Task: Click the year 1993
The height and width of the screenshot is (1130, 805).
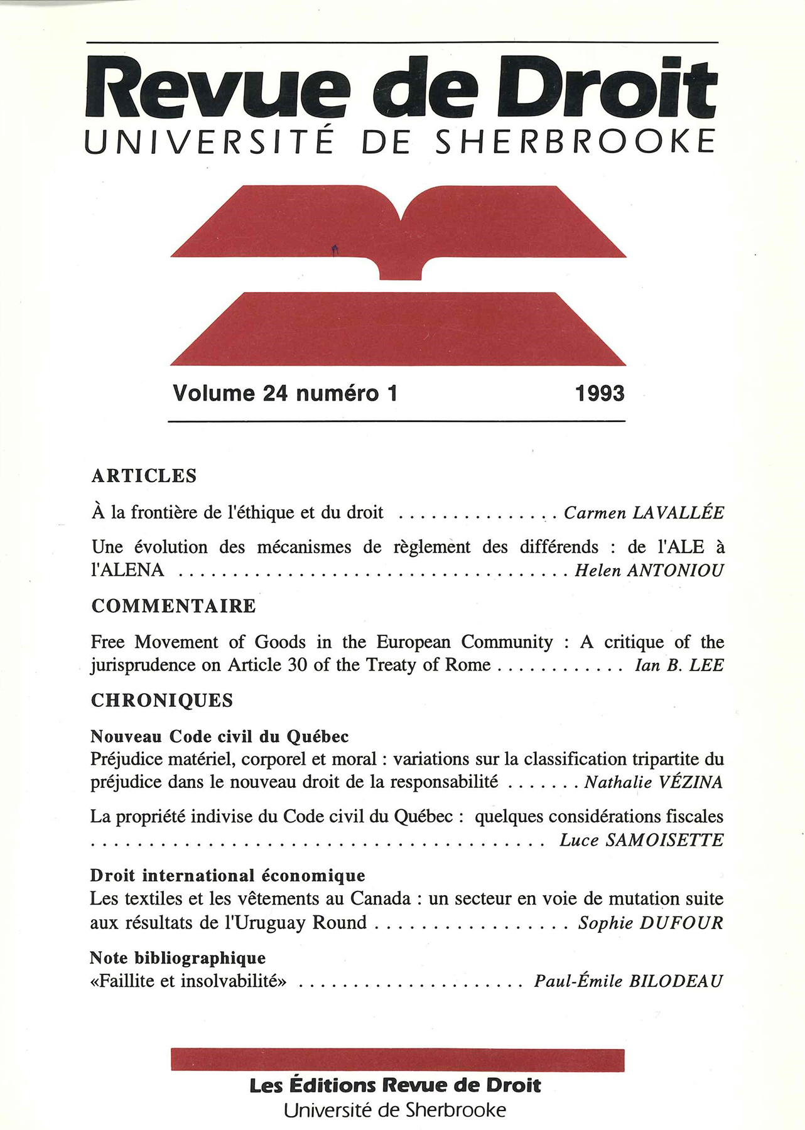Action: (600, 394)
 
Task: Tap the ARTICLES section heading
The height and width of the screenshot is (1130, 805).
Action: (144, 476)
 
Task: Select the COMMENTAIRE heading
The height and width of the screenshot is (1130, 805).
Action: (173, 606)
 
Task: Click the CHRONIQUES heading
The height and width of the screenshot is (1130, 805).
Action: (162, 701)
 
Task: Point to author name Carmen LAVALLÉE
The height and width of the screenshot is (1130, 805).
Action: (644, 513)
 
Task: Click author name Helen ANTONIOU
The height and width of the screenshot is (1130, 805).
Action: (649, 571)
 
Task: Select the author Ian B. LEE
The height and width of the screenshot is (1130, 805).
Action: (679, 665)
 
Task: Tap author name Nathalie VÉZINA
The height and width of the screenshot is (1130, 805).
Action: (653, 782)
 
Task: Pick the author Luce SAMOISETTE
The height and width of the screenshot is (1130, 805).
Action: (641, 840)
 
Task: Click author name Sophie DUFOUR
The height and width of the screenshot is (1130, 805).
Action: (651, 923)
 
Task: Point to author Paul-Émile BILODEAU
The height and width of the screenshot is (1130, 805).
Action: (629, 981)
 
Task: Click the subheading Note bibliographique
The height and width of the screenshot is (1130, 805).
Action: (178, 958)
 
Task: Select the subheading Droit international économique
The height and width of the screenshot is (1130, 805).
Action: (227, 875)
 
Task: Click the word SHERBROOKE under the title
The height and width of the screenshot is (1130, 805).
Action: (575, 141)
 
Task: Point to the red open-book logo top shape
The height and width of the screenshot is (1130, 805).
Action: (398, 226)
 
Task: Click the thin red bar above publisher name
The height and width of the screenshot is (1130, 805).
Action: (397, 1060)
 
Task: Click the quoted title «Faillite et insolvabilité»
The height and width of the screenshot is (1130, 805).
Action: (188, 981)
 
